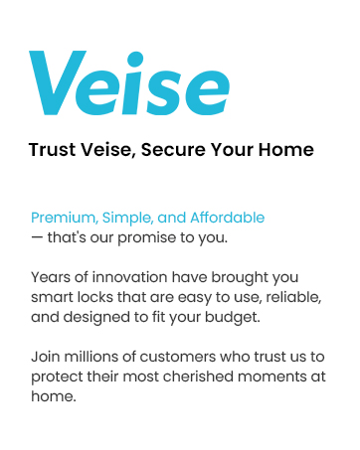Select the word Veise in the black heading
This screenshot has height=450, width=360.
tap(106, 150)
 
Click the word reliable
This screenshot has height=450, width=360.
tap(270, 296)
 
